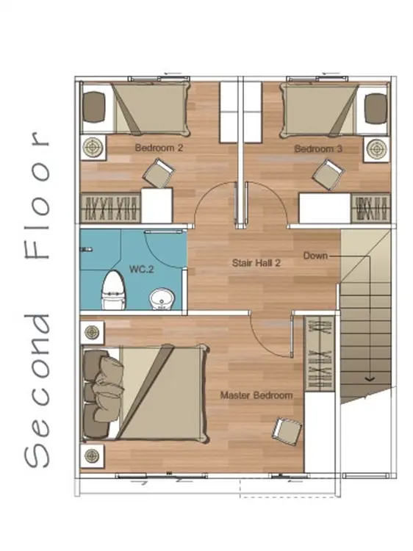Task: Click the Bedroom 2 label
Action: pyautogui.click(x=159, y=148)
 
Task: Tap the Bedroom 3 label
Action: pyautogui.click(x=318, y=149)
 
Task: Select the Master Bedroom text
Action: pyautogui.click(x=256, y=395)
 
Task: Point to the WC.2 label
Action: pyautogui.click(x=142, y=270)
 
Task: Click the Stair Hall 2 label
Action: pyautogui.click(x=256, y=263)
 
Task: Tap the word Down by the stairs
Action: pyautogui.click(x=315, y=256)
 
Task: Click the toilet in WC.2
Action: pyautogui.click(x=113, y=290)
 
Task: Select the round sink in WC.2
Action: pyautogui.click(x=162, y=300)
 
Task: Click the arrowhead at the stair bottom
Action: pyautogui.click(x=370, y=378)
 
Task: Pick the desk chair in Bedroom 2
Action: pyautogui.click(x=159, y=173)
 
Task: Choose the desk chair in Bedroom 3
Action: pyautogui.click(x=328, y=174)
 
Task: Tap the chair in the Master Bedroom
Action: pyautogui.click(x=287, y=431)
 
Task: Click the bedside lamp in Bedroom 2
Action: pyautogui.click(x=94, y=148)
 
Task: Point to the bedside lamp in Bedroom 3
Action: pyautogui.click(x=377, y=149)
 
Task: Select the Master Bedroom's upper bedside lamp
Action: pyautogui.click(x=92, y=332)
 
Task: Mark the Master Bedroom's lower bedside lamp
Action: pyautogui.click(x=92, y=455)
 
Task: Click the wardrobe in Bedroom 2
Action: pyautogui.click(x=111, y=208)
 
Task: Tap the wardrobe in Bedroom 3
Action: pyautogui.click(x=371, y=209)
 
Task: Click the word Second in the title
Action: pyautogui.click(x=37, y=391)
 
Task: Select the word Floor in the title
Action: pyautogui.click(x=37, y=195)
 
